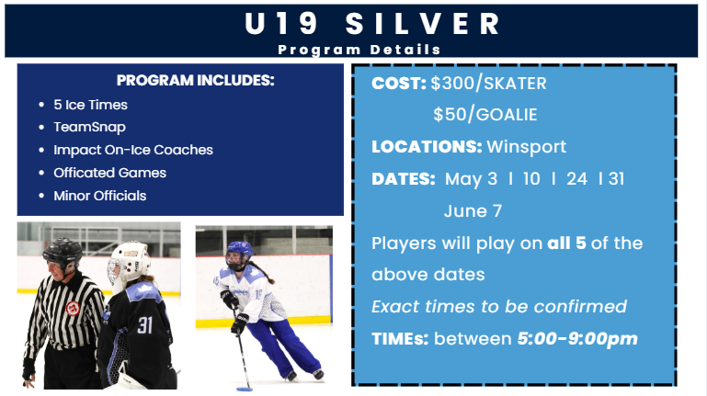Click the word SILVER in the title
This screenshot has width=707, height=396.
coord(423,23)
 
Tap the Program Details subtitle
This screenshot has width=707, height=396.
coord(359,50)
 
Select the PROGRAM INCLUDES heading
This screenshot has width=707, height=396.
coord(195,80)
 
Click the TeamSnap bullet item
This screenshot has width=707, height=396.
coord(89,128)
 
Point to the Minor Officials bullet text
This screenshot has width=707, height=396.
coord(99,196)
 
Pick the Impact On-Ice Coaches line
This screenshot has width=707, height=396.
coord(133,150)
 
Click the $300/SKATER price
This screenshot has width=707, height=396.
coord(488,84)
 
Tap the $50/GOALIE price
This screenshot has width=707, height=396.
coord(485,115)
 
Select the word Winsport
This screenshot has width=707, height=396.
coord(526,147)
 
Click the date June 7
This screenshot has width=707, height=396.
coord(473,210)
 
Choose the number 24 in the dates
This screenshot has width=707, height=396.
coord(576,179)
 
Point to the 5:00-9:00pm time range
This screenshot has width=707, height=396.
coord(577,338)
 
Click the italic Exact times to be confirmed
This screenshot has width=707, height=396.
coord(499,307)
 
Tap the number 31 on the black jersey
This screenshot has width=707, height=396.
coord(144,325)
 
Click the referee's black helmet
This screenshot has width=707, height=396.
coord(63,253)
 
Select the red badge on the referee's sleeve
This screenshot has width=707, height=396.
coord(73,309)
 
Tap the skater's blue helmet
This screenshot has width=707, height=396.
coord(239,251)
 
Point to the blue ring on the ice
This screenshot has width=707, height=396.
coord(245,390)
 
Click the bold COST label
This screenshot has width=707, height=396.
coord(399,84)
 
